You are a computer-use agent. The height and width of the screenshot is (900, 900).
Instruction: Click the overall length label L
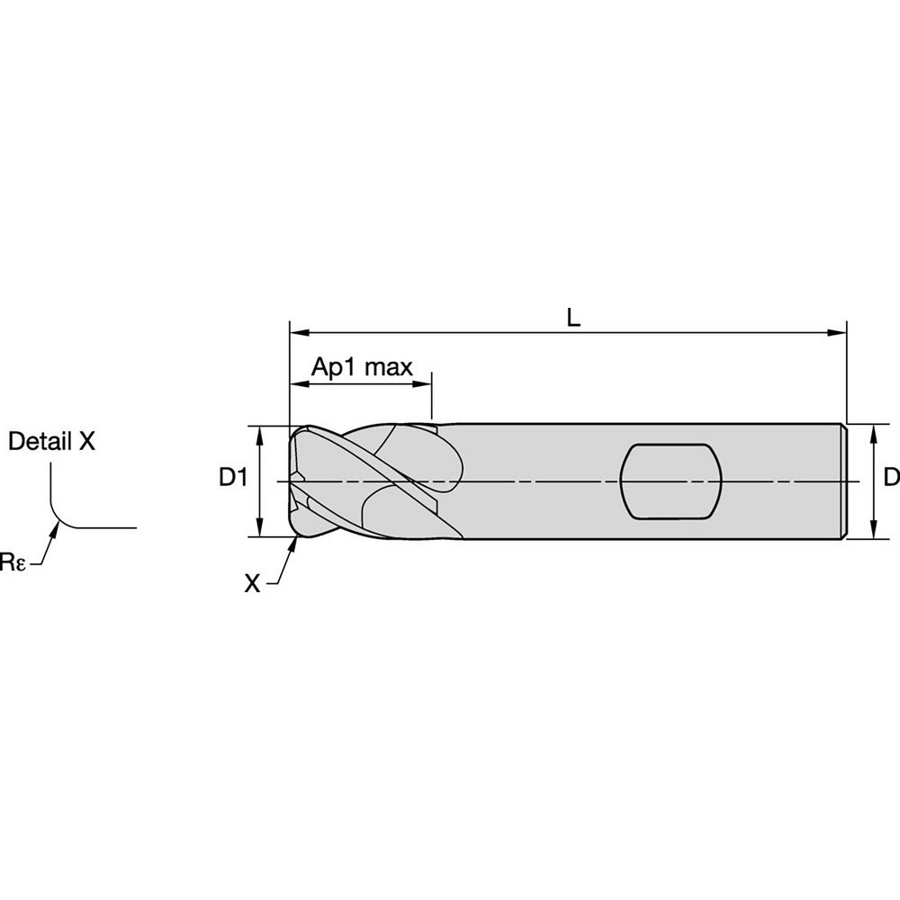tap(573, 316)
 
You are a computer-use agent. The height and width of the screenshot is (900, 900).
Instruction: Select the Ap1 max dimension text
tap(362, 367)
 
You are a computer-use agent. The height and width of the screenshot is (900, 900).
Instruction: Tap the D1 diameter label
tap(233, 478)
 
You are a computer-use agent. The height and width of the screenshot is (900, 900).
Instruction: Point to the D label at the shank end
tap(890, 478)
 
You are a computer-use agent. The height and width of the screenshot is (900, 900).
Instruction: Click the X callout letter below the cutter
tap(253, 584)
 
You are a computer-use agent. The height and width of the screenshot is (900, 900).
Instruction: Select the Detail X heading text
tap(51, 441)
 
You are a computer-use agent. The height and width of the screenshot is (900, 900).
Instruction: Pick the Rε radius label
tap(13, 563)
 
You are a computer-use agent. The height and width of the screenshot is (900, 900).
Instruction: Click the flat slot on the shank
tap(670, 481)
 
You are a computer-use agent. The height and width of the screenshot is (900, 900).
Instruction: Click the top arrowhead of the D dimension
tap(873, 432)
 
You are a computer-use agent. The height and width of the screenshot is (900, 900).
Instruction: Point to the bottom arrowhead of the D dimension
tap(873, 531)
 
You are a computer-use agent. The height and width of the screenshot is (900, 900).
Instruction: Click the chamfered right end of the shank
tap(844, 481)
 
